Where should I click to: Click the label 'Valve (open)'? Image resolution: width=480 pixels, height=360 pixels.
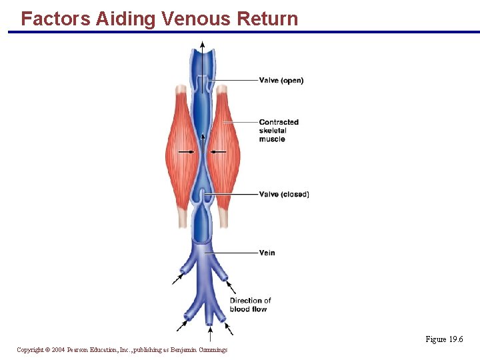point(281,81)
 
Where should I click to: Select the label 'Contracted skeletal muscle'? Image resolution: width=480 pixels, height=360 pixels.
point(279,131)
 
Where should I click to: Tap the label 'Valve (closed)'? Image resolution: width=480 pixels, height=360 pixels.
point(284,195)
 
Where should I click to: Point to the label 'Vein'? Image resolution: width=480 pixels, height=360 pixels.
point(267,253)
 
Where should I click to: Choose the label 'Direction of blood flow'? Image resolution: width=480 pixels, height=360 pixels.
point(250,305)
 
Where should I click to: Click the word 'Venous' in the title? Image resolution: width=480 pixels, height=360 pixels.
point(200,19)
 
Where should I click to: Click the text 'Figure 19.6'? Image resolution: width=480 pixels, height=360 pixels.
point(445,339)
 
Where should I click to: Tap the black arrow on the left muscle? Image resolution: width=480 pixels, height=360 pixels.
point(187,152)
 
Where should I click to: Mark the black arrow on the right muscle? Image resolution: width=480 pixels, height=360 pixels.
point(219,152)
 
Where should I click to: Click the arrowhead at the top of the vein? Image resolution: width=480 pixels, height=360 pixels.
point(202,45)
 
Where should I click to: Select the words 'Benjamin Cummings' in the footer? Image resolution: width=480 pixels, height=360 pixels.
point(199,350)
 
